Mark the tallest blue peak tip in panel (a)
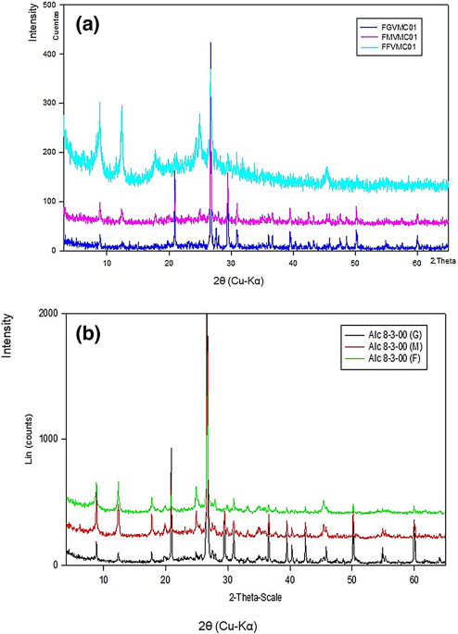(210, 43)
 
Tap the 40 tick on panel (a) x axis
(293, 265)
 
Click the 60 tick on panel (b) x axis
(413, 578)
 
